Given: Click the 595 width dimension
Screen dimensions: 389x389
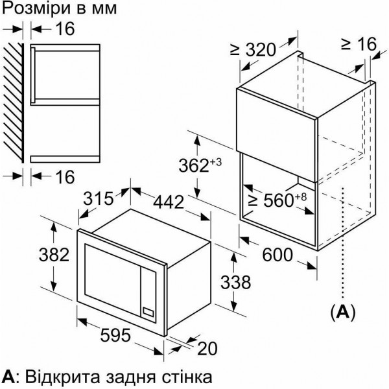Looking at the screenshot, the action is coord(115,335).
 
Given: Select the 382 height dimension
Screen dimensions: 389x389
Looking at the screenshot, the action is coord(54,255).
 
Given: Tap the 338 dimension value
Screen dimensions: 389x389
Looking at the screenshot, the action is coord(235,282).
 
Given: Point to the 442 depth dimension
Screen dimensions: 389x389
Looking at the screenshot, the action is coord(169,202).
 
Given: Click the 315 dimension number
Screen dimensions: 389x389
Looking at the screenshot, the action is coord(99,198).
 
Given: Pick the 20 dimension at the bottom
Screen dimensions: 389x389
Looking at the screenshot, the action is coord(207,348).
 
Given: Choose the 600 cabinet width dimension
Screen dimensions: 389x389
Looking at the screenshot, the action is coord(277,255).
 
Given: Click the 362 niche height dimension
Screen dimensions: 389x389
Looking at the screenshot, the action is coord(200,165).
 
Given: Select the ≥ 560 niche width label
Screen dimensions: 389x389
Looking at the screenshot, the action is coord(277,200).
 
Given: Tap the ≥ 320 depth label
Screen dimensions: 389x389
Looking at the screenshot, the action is coord(253,49).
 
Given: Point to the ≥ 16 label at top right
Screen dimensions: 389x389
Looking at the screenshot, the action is coord(359,44).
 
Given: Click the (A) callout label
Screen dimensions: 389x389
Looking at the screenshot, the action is coord(343,312).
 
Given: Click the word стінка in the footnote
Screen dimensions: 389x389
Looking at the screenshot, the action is coord(187,377).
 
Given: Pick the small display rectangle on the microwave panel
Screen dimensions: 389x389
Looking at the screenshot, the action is coord(148,312).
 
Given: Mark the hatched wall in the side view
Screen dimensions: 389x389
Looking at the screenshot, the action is coord(13,102).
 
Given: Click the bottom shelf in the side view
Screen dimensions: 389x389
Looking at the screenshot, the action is coord(65,159).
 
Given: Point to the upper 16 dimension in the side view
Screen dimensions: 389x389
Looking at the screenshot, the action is coord(65,29).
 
